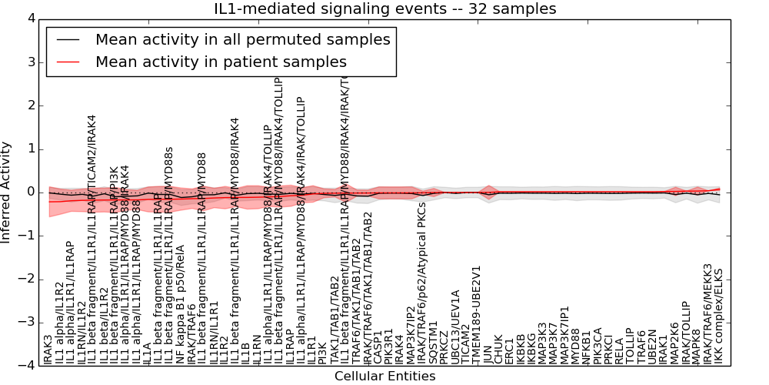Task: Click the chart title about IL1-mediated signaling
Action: coord(384,8)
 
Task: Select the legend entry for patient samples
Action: coord(221,62)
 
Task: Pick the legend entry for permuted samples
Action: coord(242,40)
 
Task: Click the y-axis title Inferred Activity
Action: coord(7,192)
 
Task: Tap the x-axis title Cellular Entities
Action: coord(384,377)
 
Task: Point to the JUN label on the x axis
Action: coord(488,350)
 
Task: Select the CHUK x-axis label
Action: coord(498,348)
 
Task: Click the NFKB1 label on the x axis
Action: coord(586,346)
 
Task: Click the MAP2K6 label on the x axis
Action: coord(674,342)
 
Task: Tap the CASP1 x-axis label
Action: coord(378,347)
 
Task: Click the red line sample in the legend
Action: coord(66,62)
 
